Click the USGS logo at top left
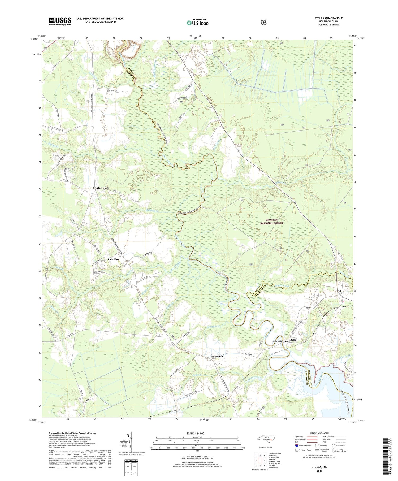tap(60, 21)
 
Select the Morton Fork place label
tap(101, 188)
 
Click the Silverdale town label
tap(217, 357)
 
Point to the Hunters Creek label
tap(282, 286)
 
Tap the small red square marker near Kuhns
tap(343, 302)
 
